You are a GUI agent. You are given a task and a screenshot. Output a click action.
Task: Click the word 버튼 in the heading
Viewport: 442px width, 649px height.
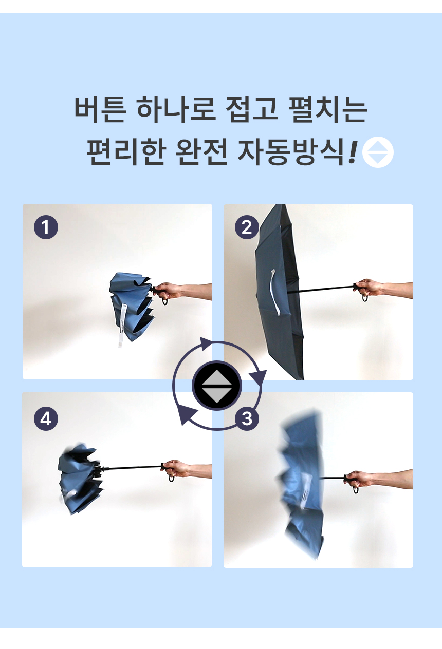click(x=100, y=109)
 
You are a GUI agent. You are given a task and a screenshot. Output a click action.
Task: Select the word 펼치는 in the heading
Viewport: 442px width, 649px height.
click(x=328, y=109)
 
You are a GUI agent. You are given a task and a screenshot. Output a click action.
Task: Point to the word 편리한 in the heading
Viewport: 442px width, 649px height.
click(x=126, y=151)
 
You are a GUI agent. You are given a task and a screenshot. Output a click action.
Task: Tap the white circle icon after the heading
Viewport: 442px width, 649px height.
click(x=378, y=152)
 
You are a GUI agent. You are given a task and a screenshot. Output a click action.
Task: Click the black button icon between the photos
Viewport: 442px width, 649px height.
click(x=217, y=386)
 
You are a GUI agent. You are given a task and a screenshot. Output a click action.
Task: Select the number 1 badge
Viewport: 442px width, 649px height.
click(x=46, y=227)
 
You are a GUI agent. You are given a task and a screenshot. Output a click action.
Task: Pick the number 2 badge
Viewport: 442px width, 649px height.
click(x=247, y=227)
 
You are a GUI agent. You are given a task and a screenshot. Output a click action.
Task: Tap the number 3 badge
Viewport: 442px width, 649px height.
click(x=247, y=418)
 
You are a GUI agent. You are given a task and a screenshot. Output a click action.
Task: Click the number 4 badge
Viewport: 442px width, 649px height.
click(x=46, y=418)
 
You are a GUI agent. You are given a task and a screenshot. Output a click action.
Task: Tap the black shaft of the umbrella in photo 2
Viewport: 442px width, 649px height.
click(x=321, y=289)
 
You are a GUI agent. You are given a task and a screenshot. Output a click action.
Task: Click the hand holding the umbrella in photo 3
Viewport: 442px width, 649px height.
click(x=359, y=479)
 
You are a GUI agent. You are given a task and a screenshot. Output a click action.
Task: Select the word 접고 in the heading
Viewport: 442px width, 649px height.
click(x=252, y=109)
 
